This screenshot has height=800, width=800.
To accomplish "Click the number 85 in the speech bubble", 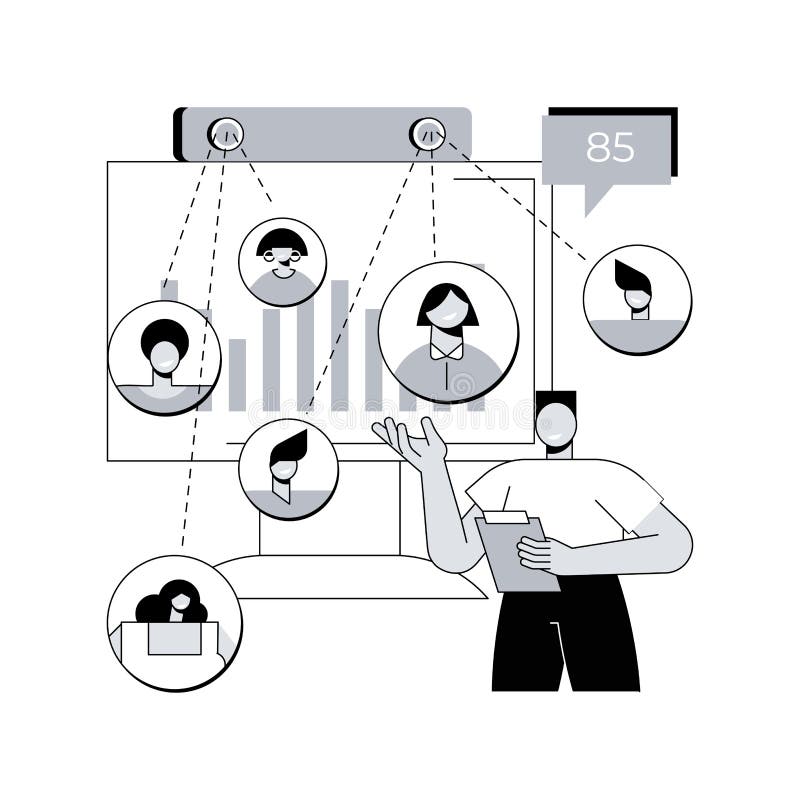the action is click(610, 147).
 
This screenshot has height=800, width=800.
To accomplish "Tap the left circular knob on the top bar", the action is click(225, 134).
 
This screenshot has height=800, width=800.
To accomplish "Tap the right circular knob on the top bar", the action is click(427, 134).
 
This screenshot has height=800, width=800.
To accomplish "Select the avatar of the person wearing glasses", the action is click(282, 261).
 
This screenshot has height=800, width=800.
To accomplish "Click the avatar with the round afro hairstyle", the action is click(164, 357).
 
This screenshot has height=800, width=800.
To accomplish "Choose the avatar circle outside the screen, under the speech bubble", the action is click(637, 298).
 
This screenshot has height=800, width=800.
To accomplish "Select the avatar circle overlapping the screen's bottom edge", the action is click(288, 468).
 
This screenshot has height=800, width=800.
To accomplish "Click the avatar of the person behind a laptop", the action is click(174, 622).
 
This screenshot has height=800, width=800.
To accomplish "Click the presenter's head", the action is click(556, 423).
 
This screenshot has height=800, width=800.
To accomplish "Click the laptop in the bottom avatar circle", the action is click(175, 638).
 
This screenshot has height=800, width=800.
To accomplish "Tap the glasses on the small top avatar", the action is click(282, 256).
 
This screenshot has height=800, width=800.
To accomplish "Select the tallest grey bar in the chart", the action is click(340, 345).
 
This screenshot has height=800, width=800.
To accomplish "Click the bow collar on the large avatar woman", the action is click(447, 350).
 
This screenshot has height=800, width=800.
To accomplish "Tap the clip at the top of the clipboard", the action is click(507, 517).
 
